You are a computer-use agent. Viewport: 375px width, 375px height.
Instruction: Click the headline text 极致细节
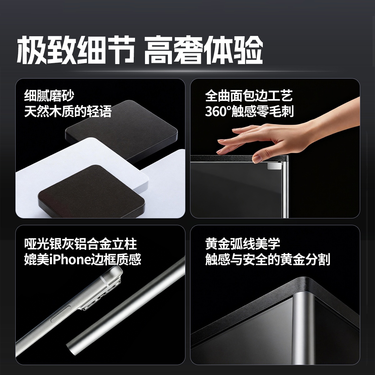pyautogui.click(x=76, y=50)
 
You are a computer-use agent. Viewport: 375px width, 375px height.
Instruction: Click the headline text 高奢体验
pyautogui.click(x=203, y=50)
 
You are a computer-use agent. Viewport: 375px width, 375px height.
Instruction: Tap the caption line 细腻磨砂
pyautogui.click(x=49, y=96)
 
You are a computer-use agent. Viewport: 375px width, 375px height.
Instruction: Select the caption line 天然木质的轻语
pyautogui.click(x=68, y=112)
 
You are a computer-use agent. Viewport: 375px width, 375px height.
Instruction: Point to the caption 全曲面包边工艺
pyautogui.click(x=249, y=96)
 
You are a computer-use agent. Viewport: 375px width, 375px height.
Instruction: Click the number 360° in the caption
pyautogui.click(x=218, y=112)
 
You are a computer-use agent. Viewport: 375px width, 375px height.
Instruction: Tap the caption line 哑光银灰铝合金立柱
pyautogui.click(x=80, y=244)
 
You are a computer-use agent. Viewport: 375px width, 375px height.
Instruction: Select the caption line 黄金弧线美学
pyautogui.click(x=242, y=244)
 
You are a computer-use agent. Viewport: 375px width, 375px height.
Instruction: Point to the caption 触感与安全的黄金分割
pyautogui.click(x=267, y=260)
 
